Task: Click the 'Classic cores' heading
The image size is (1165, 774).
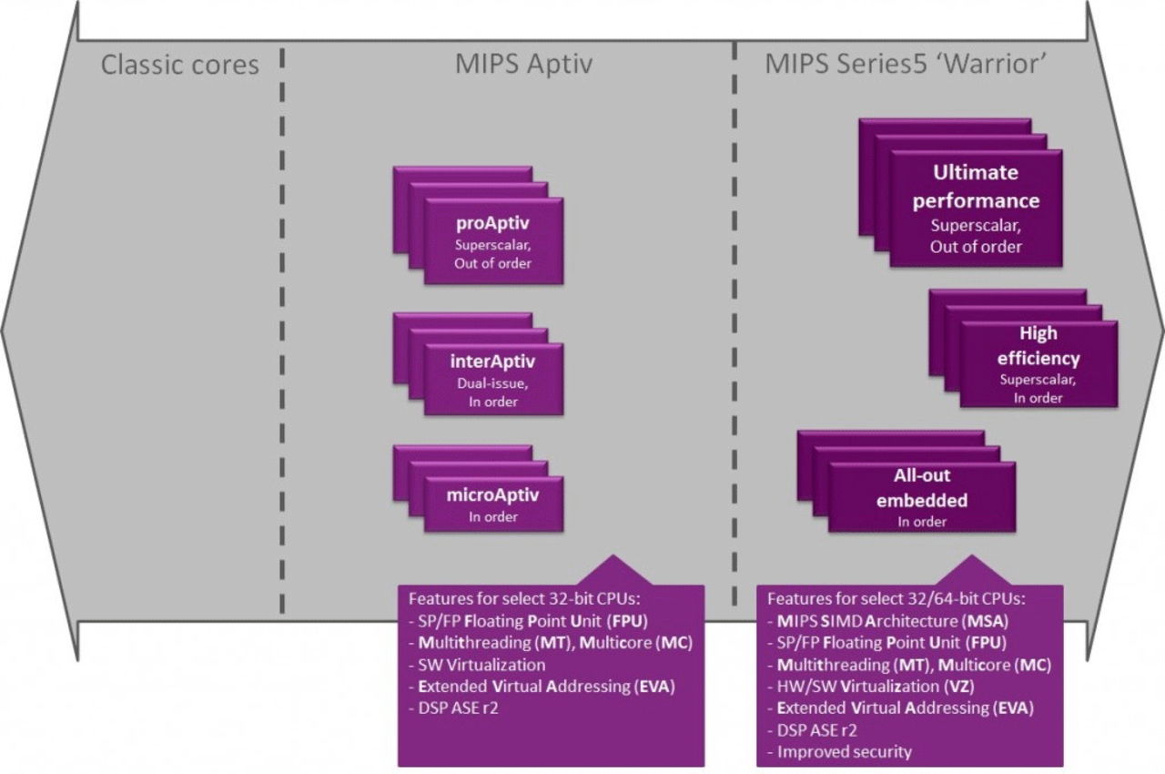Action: click(180, 66)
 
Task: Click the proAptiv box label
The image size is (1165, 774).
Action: click(493, 223)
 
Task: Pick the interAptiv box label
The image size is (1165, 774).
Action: click(493, 362)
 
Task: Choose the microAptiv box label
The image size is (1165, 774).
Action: click(493, 496)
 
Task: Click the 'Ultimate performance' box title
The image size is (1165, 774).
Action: click(976, 186)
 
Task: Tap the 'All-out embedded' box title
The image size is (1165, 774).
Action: click(922, 488)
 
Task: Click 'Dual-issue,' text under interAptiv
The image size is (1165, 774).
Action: click(493, 383)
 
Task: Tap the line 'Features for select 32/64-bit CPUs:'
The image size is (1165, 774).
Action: click(896, 599)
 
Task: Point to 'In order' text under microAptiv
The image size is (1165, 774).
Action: click(493, 517)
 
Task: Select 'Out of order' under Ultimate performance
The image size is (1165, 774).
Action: click(976, 247)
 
